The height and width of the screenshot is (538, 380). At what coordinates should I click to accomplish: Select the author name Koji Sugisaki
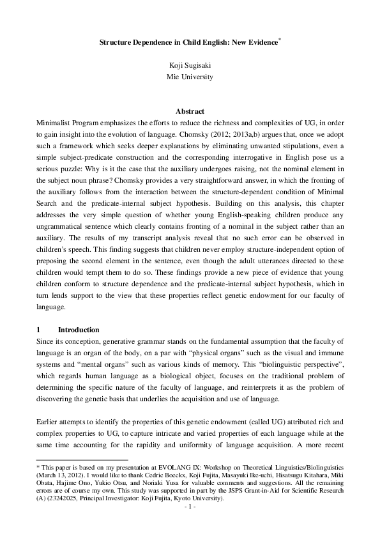pos(190,65)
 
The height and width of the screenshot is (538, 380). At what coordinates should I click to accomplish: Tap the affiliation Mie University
pos(190,77)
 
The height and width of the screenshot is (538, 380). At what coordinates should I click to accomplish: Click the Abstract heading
pos(190,111)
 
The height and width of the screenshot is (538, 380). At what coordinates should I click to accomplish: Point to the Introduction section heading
pos(79,330)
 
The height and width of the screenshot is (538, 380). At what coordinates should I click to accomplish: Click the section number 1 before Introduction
pos(39,330)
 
